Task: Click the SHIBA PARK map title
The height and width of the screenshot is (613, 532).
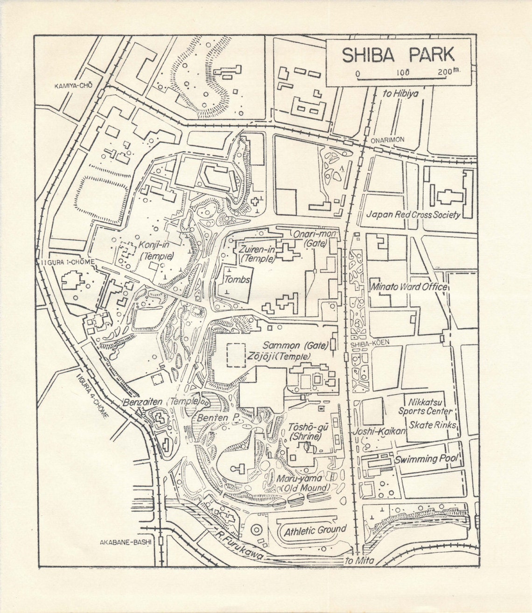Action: [x=398, y=55]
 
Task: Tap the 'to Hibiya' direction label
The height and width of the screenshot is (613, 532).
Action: [x=400, y=93]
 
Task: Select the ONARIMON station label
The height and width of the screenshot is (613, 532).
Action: [x=387, y=140]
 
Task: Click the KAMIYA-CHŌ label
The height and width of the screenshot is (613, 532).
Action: [x=73, y=85]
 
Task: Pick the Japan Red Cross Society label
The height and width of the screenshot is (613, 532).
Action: [x=413, y=215]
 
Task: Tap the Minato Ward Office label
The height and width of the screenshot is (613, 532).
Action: [x=409, y=287]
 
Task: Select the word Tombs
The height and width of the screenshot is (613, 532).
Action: [x=237, y=280]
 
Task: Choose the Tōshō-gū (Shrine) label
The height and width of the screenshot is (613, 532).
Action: [x=306, y=432]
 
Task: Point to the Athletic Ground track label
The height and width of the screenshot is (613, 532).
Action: [x=315, y=530]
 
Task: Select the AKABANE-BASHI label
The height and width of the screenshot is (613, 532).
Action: [x=126, y=543]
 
